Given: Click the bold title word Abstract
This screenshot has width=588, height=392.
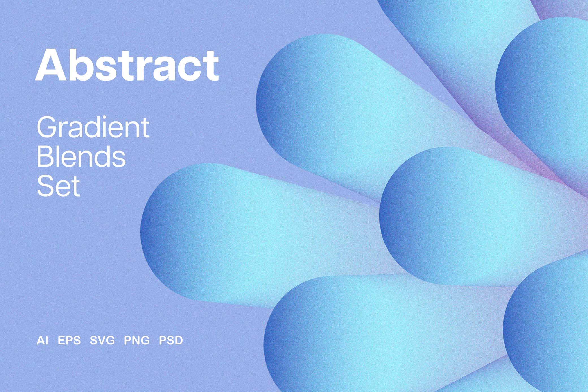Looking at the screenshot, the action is coord(127,65).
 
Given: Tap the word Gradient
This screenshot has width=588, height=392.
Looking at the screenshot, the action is coord(93,127).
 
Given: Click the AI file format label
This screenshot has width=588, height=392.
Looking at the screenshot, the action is coord(42,340).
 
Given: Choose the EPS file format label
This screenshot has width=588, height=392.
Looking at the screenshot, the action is coord(69,340).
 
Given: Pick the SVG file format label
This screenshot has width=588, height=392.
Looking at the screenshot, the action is coord(102,340).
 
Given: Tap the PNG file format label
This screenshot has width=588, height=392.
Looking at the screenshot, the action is coord(137,340).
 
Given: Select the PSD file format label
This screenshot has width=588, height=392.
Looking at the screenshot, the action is coord(171,340).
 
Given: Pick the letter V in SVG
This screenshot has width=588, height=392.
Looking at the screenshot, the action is coord(102,340).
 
